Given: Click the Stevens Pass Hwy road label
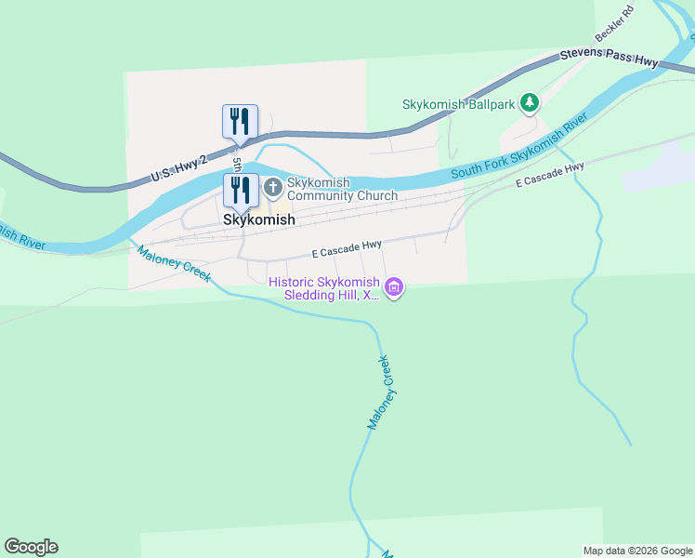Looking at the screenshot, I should click(x=609, y=58).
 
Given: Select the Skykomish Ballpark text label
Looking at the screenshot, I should click(x=458, y=105).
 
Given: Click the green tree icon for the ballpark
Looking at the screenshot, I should click(x=530, y=102).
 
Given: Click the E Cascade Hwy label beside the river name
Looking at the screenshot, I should click(x=550, y=175).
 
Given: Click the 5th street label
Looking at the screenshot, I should click(x=238, y=164).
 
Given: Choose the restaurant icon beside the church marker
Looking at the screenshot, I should click(x=240, y=190).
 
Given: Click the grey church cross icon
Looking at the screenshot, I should click(x=273, y=188).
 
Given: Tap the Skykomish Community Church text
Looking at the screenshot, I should click(x=342, y=189).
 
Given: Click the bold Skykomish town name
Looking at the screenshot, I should click(x=259, y=220).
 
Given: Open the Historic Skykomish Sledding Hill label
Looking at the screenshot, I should click(x=324, y=288).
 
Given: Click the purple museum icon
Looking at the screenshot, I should click(x=395, y=288).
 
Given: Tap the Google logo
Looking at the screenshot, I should click(x=31, y=547).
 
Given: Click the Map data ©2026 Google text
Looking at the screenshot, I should click(x=636, y=551).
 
